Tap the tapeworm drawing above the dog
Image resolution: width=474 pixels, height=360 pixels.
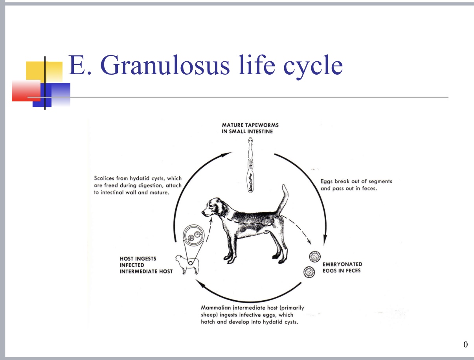pos(250,165)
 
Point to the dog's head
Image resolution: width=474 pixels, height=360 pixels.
pos(210,207)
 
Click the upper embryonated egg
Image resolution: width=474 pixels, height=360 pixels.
pos(315,257)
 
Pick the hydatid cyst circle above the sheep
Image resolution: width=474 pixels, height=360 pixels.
pos(194,238)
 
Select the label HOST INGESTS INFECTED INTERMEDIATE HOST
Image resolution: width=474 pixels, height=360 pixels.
pos(146,265)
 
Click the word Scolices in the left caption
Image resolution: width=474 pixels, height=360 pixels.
pos(104,178)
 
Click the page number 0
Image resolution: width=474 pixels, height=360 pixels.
pos(465,345)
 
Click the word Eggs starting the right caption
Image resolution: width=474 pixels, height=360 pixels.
pos(327,181)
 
